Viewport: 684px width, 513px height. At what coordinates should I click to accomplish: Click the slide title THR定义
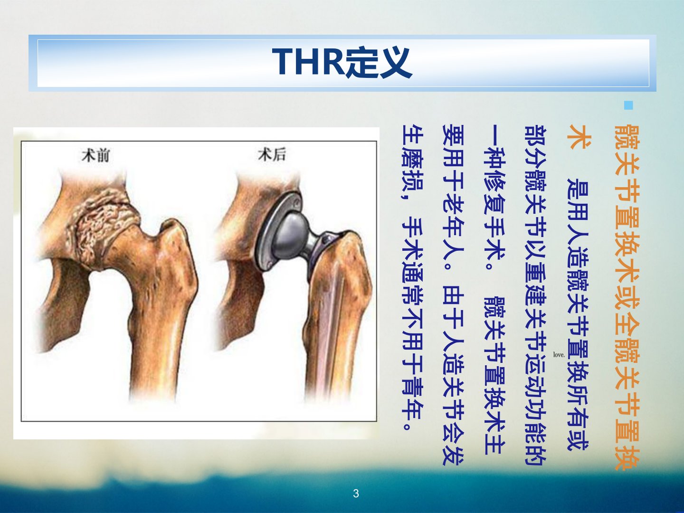(342, 62)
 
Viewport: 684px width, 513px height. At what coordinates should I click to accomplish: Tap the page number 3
(356, 494)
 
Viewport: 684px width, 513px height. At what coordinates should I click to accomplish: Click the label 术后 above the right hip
(272, 154)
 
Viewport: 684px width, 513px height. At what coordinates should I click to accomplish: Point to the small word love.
(559, 354)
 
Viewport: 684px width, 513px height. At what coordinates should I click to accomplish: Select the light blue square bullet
(629, 105)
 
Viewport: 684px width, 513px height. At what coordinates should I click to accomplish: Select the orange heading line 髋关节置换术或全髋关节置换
(627, 297)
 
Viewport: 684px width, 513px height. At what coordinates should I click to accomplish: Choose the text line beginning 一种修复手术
(495, 290)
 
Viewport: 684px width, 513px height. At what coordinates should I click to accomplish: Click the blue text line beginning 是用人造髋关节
(578, 314)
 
